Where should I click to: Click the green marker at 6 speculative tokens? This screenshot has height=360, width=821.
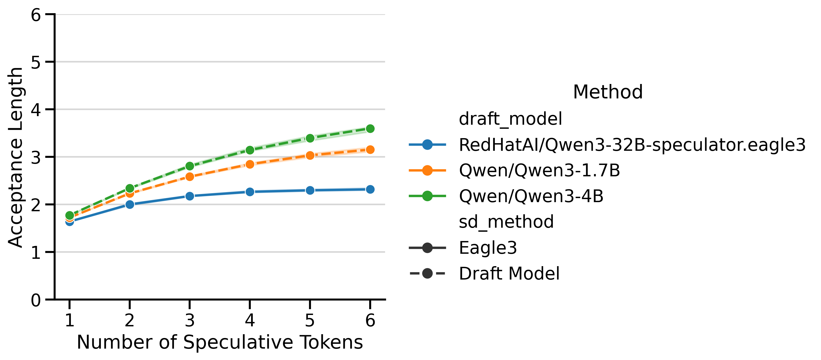[x=370, y=129]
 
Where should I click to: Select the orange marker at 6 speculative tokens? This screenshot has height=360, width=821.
[x=370, y=150]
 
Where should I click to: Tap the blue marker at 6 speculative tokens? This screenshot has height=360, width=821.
[x=370, y=189]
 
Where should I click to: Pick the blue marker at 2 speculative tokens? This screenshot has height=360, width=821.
[x=130, y=204]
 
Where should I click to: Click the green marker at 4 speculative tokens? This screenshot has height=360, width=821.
[x=250, y=150]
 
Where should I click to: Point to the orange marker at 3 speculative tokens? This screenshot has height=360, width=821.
[x=190, y=177]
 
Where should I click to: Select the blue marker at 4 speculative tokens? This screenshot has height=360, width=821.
[x=250, y=192]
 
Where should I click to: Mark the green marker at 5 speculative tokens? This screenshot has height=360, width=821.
[x=310, y=138]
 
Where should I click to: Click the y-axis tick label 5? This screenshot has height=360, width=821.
[x=36, y=62]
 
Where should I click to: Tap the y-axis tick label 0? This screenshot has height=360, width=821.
[x=36, y=300]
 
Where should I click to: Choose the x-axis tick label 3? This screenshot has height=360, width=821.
[x=190, y=320]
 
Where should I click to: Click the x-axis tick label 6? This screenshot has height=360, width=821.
[x=370, y=320]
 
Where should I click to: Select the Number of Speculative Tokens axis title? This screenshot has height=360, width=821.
[x=220, y=342]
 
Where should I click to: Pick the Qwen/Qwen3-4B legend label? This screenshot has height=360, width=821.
[x=531, y=196]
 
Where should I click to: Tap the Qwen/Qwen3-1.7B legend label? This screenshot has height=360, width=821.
[x=539, y=170]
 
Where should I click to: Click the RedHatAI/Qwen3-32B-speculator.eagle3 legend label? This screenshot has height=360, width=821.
[x=632, y=145]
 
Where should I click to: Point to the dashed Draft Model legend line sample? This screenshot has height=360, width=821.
[x=427, y=273]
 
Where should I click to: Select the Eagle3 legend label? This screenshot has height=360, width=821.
[x=488, y=248]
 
